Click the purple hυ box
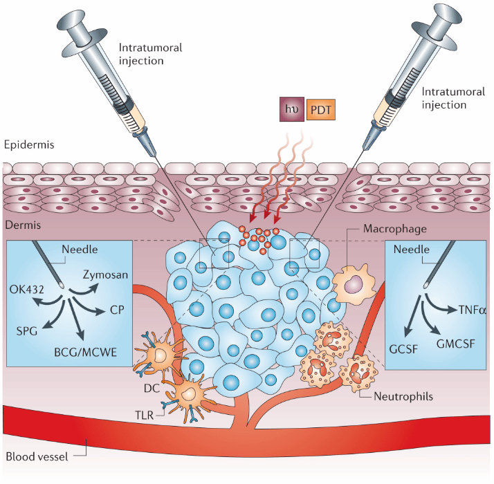pyautogui.click(x=289, y=110)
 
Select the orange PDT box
pyautogui.click(x=320, y=110)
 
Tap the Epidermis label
pyautogui.click(x=28, y=145)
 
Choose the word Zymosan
pyautogui.click(x=105, y=274)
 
